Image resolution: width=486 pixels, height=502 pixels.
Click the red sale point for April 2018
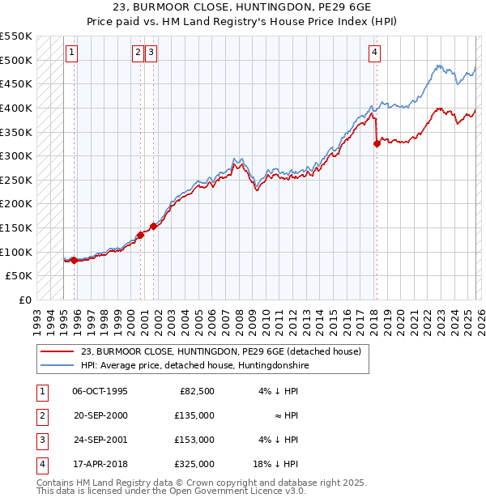[377, 144]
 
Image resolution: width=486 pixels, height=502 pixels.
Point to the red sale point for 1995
[74, 260]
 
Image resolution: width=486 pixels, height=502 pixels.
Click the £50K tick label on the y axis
[18, 276]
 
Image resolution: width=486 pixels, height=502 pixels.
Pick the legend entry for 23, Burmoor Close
[225, 351]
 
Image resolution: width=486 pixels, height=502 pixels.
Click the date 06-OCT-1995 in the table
[100, 391]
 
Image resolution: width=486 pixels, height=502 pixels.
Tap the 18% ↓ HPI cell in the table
[275, 464]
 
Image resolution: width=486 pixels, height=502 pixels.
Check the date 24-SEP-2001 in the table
[100, 440]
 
